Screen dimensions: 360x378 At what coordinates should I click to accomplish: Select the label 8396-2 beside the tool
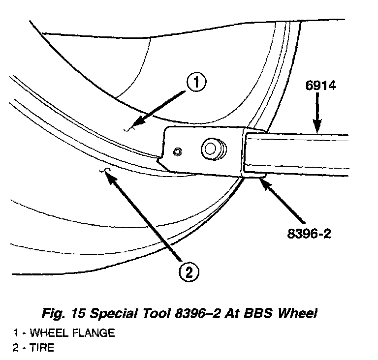click(x=309, y=233)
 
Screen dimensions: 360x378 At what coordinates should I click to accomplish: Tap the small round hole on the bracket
click(x=178, y=150)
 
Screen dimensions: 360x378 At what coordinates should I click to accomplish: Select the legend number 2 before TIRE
click(x=16, y=348)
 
